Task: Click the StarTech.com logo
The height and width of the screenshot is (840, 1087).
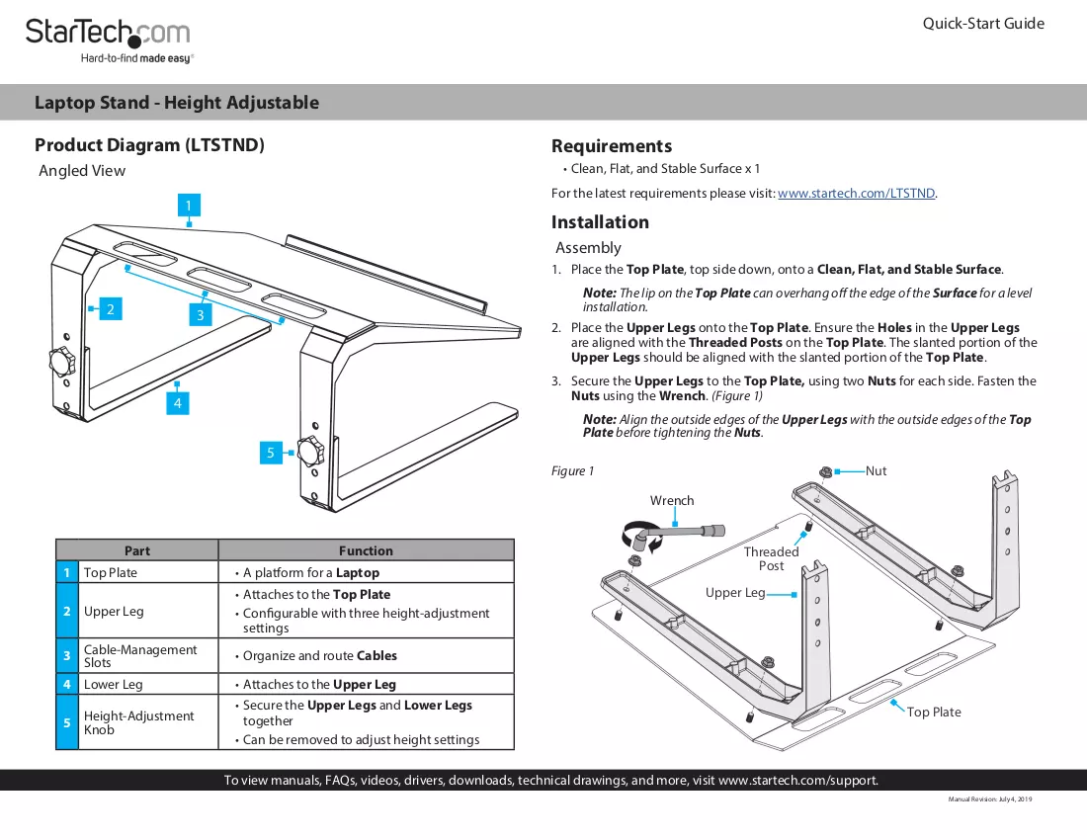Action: [108, 41]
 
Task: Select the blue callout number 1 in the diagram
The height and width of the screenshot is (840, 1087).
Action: [189, 206]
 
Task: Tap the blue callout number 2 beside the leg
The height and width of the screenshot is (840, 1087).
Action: [111, 309]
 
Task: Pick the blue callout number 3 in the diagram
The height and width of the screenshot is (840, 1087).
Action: [201, 314]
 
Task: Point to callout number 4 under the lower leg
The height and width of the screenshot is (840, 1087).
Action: [178, 402]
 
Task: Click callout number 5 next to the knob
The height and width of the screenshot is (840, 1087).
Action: [271, 453]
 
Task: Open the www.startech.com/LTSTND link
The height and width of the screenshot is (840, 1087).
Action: [856, 194]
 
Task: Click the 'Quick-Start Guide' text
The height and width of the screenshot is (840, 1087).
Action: [983, 24]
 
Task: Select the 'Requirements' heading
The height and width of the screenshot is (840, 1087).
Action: [612, 146]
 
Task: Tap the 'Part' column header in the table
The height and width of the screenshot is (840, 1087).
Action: [137, 551]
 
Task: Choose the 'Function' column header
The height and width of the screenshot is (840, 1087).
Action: [366, 551]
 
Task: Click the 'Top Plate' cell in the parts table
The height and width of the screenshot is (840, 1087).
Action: [111, 572]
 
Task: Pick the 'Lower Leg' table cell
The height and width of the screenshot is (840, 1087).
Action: [114, 684]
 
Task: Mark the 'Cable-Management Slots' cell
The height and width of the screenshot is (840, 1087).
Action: [140, 655]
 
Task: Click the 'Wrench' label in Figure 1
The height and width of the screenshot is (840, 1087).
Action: [672, 500]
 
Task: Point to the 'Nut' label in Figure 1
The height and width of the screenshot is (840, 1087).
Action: [876, 470]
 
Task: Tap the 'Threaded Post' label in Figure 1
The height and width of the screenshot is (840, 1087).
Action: [772, 558]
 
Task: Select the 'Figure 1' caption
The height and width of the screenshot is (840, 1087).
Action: [572, 471]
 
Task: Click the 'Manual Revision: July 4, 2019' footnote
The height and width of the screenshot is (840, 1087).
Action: [990, 799]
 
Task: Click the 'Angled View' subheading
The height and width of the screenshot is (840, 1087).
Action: [82, 171]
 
